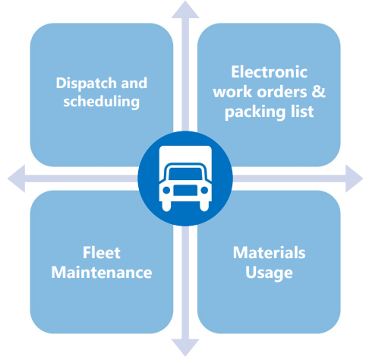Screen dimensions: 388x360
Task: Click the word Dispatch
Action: [x=87, y=84]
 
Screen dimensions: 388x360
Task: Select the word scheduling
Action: [x=101, y=102]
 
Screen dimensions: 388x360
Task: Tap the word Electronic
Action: [x=269, y=72]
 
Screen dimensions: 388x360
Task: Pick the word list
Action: [x=302, y=111]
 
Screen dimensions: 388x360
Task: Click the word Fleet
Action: [x=102, y=253]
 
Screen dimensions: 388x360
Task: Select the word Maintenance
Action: [x=102, y=273]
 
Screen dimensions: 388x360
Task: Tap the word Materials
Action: [x=269, y=253]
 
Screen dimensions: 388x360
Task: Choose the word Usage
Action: [x=269, y=273]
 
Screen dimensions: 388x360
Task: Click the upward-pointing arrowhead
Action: [x=185, y=10]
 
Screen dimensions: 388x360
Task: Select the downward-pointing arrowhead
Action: [x=185, y=347]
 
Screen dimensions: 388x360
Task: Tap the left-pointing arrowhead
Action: [x=17, y=178]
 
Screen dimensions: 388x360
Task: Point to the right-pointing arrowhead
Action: [x=354, y=178]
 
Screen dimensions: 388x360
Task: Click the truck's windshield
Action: [x=185, y=174]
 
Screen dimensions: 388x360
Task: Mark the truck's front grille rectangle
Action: [x=185, y=191]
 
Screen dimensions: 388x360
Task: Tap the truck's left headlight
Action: [x=166, y=190]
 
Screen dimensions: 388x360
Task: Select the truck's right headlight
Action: [x=204, y=190]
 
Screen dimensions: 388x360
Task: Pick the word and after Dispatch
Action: [x=134, y=84]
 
